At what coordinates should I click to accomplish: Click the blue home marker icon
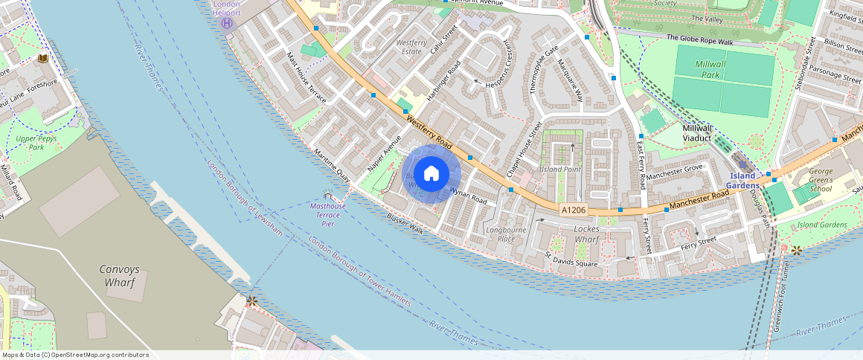(x=431, y=174)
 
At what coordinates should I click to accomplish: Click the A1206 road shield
(x=574, y=210)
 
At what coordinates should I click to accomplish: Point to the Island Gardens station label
(x=742, y=180)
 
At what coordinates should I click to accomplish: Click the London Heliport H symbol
(x=227, y=23)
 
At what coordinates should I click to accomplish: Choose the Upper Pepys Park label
(x=36, y=143)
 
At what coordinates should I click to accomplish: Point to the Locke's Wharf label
(x=587, y=234)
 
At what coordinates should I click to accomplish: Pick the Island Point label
(x=560, y=170)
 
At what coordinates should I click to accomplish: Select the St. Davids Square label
(x=571, y=260)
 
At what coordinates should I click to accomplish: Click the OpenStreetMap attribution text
(x=74, y=355)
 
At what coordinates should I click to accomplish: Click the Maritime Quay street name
(x=332, y=165)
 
